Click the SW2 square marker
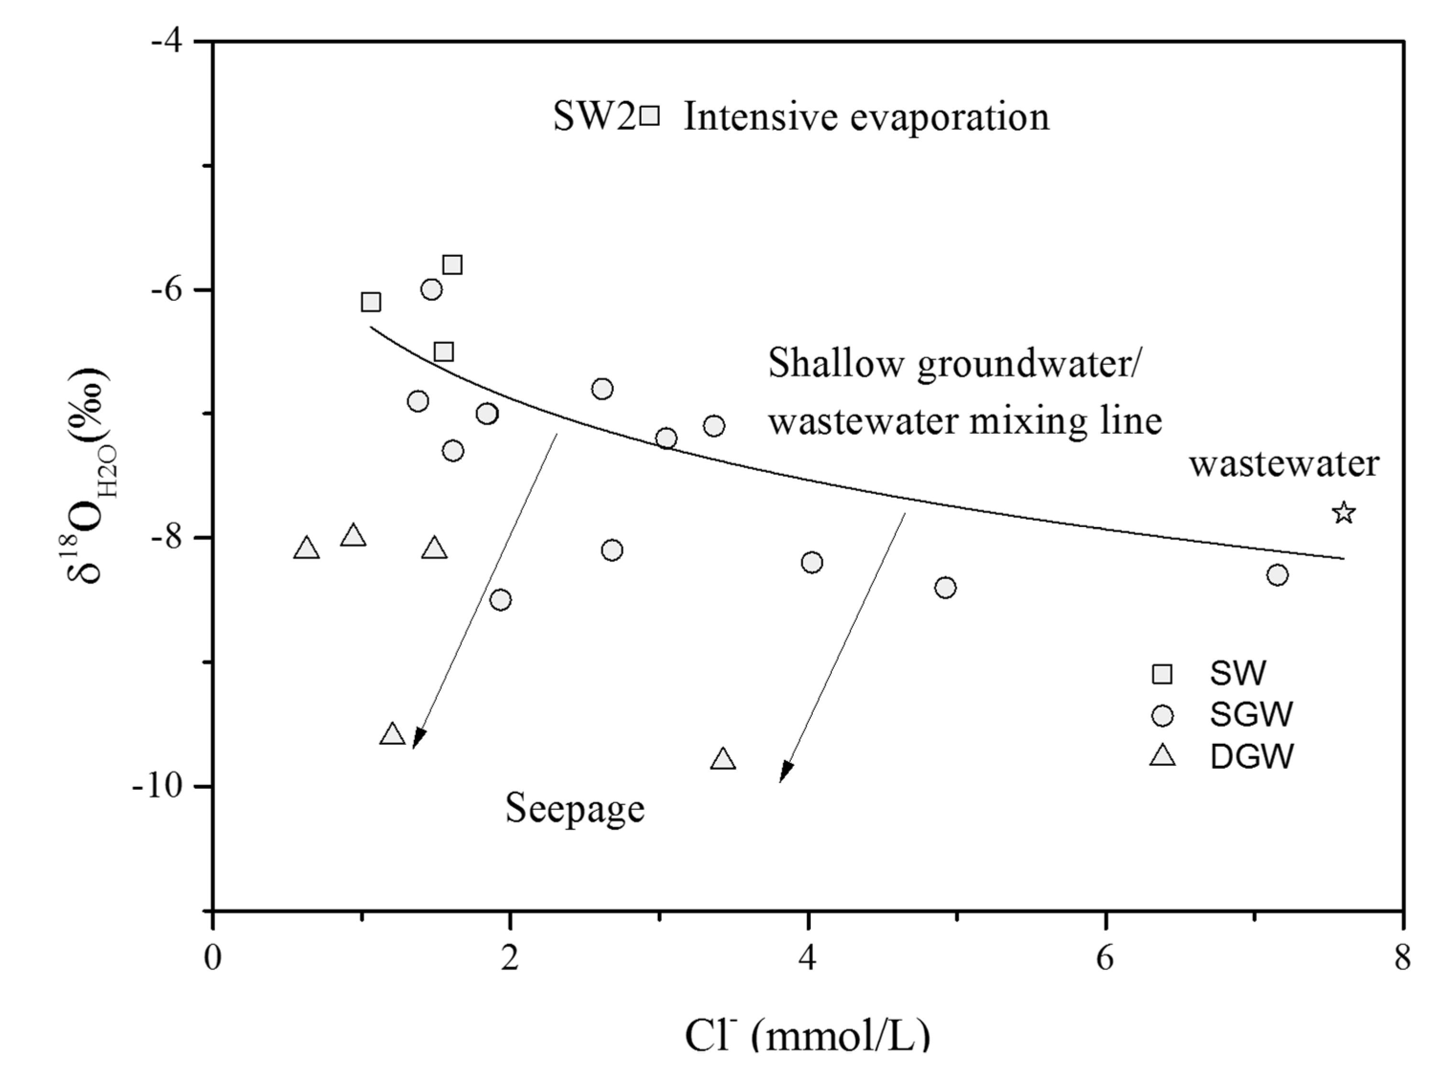(x=649, y=115)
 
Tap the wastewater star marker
(x=1344, y=513)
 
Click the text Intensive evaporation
(x=866, y=117)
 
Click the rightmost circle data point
(x=1277, y=575)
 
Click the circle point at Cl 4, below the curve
(x=811, y=562)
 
